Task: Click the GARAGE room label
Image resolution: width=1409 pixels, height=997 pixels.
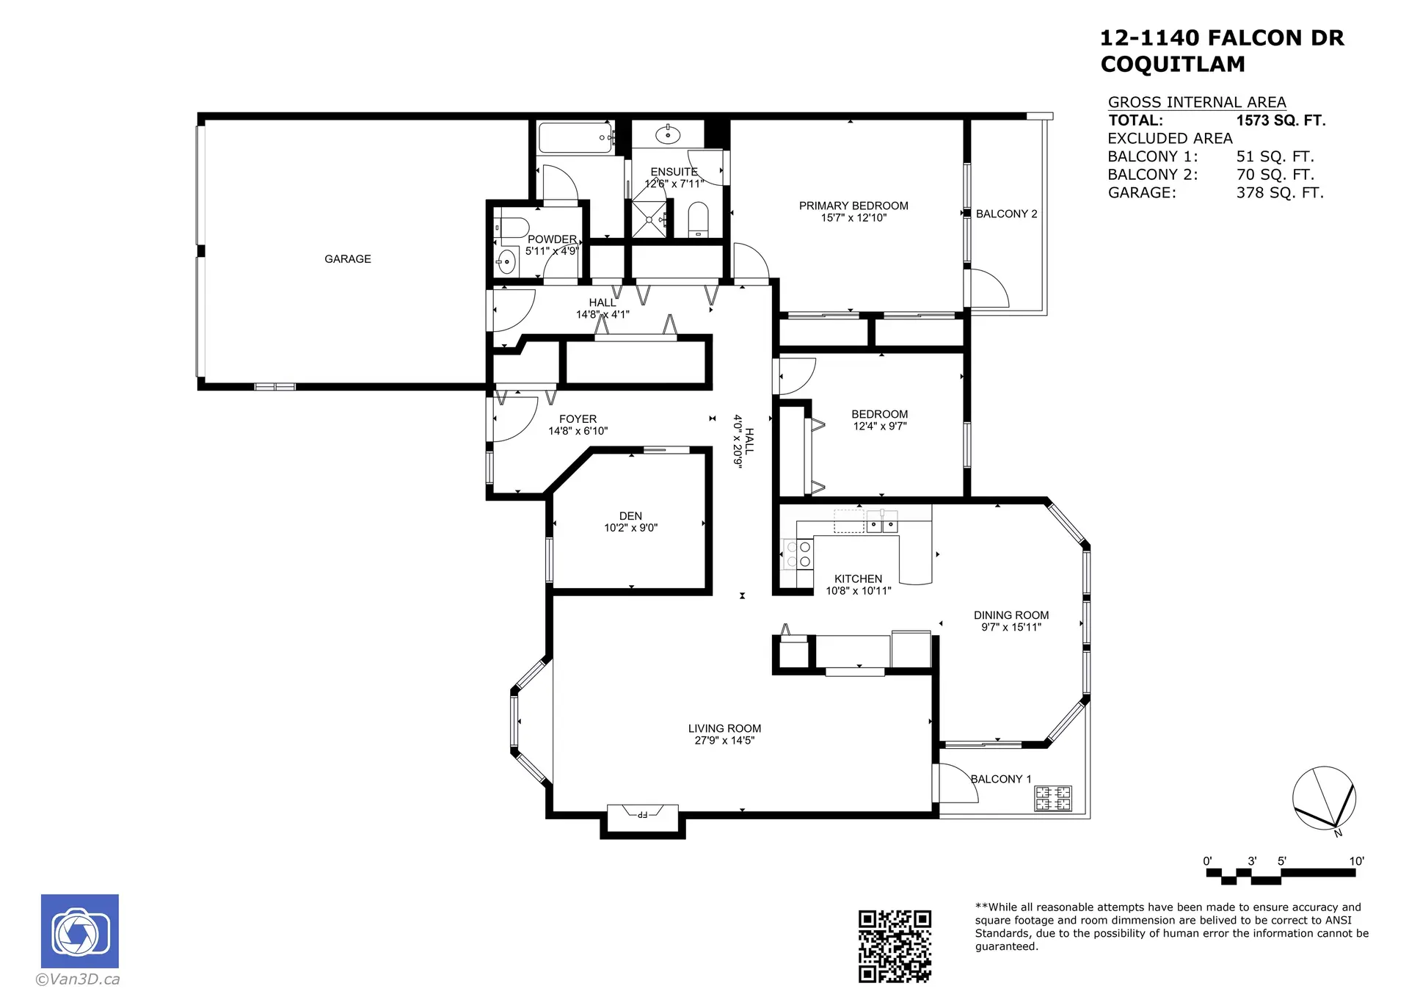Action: (347, 259)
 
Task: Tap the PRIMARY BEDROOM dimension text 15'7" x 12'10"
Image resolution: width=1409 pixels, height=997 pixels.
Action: (853, 218)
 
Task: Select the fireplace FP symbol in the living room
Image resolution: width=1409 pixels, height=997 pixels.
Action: (642, 813)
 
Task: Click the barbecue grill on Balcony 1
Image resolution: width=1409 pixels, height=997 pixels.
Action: (1053, 798)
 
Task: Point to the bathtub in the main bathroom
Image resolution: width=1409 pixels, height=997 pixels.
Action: (576, 138)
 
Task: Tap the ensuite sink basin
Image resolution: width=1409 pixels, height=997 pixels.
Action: (667, 134)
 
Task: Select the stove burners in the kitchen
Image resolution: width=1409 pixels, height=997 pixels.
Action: (798, 554)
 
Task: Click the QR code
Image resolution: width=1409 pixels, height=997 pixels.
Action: (895, 946)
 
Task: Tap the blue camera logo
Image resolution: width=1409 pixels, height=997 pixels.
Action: (79, 931)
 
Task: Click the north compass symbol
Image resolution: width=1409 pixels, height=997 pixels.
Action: (1324, 799)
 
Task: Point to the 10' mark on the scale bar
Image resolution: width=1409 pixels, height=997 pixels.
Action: (1355, 862)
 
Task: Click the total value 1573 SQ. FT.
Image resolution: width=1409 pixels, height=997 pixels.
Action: (1281, 120)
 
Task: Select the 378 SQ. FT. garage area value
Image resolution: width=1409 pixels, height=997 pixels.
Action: (1280, 193)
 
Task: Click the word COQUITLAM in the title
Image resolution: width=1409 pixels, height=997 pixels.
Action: (1173, 65)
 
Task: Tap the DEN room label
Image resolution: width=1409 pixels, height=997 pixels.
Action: (630, 516)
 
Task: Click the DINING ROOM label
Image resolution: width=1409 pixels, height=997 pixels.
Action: (1011, 615)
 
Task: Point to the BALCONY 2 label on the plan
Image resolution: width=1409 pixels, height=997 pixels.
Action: (1006, 214)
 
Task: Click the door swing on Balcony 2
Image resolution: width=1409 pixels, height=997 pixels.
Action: (989, 289)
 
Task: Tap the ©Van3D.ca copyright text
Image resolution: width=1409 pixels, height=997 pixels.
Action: (78, 979)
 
